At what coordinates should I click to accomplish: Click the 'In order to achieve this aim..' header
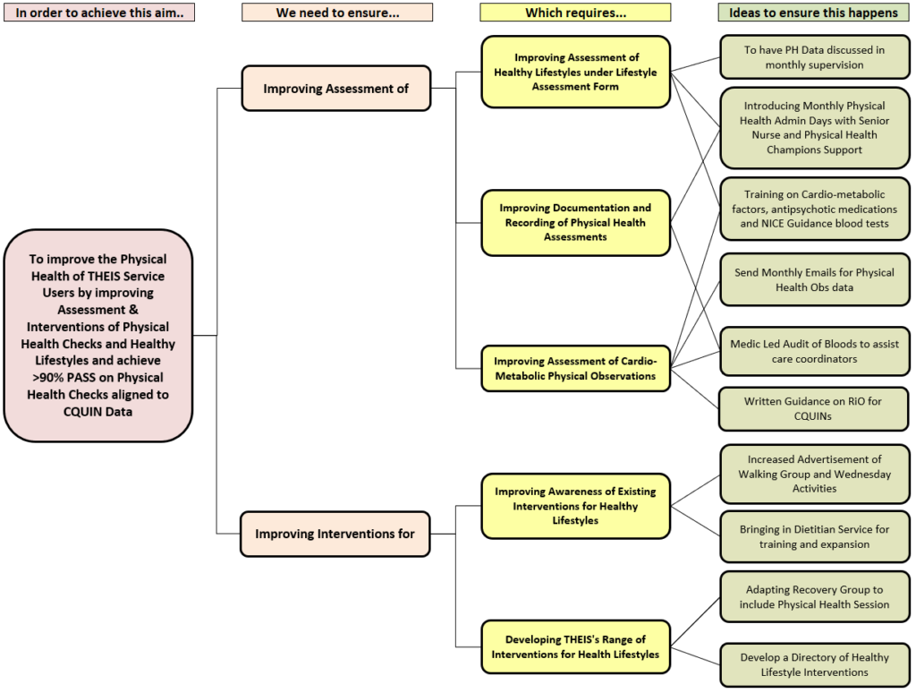coord(99,13)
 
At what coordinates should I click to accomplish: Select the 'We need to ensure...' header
coord(337,13)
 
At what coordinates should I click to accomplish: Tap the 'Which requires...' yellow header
coord(575,13)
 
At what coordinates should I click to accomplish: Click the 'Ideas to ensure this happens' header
coord(813,13)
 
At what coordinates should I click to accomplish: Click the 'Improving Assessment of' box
coord(335,88)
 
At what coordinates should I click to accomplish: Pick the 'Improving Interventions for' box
coord(335,534)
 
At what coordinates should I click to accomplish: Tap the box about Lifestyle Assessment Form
coord(575,73)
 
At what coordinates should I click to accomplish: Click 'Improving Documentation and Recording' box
coord(575,222)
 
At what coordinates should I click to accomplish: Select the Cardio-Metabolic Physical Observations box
coord(575,369)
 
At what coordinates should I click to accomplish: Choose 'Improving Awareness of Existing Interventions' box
coord(575,506)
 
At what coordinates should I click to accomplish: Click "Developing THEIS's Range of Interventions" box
coord(575,646)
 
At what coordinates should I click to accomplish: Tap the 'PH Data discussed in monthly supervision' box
coord(814,57)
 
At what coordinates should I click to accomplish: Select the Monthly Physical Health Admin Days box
coord(814,128)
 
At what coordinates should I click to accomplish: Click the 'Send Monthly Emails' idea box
coord(814,279)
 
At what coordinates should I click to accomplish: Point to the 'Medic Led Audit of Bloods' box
coord(814,351)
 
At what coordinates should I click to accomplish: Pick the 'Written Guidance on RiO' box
coord(814,408)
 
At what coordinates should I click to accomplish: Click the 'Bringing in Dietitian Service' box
coord(814,536)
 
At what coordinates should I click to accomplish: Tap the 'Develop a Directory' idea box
coord(814,664)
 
